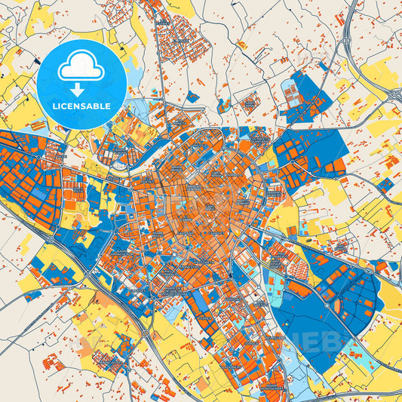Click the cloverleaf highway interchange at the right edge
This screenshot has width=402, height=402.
[x=393, y=94]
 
